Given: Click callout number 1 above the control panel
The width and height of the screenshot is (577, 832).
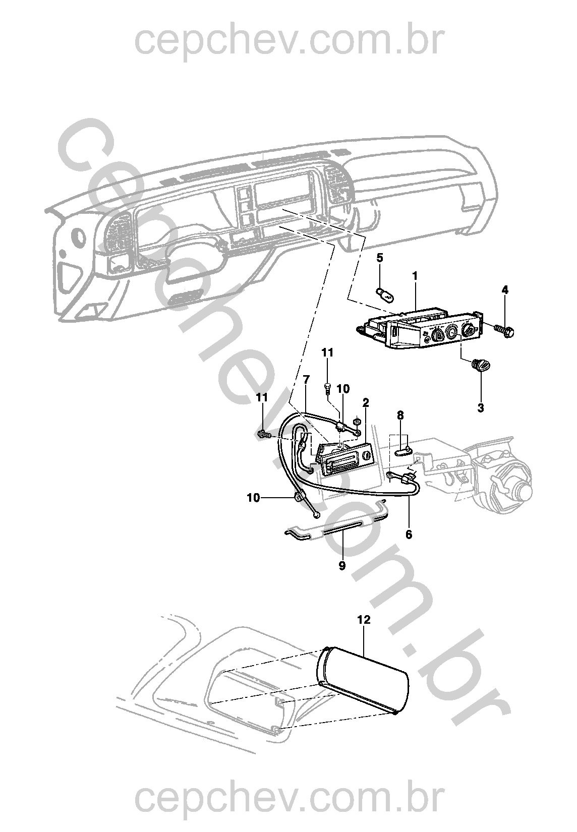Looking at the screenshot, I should (x=415, y=276).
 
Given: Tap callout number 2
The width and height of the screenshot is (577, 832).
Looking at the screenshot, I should (x=366, y=402).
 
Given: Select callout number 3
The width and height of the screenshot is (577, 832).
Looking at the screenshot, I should (x=481, y=408).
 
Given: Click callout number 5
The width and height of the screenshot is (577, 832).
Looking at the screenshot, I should (x=380, y=258).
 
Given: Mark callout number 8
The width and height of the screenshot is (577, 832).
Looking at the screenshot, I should (x=400, y=415).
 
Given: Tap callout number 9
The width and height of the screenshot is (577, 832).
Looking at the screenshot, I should (x=342, y=566).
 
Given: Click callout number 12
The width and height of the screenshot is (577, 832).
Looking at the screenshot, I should (x=364, y=620).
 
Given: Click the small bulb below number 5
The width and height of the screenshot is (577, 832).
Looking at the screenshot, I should (x=384, y=292).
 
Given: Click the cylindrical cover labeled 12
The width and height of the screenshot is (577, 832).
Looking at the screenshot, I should (x=363, y=681).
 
